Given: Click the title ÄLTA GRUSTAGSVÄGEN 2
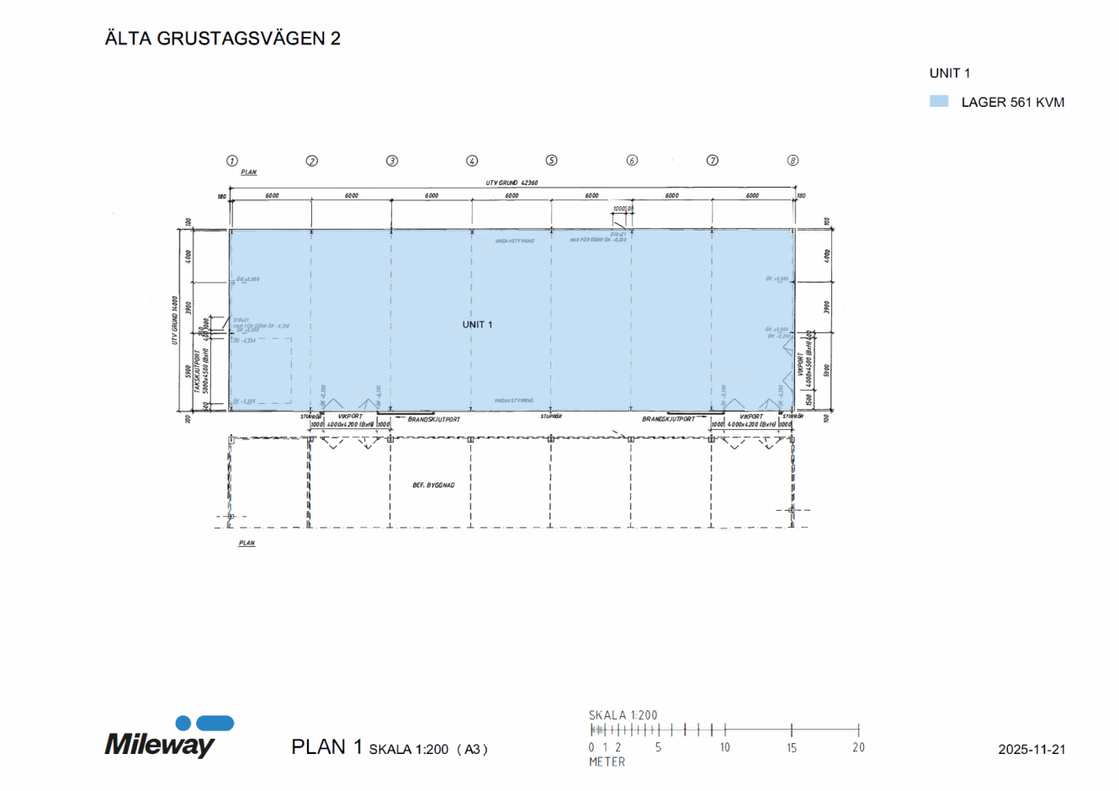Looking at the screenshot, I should pos(222,39).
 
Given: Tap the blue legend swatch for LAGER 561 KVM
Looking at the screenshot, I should pos(939,102).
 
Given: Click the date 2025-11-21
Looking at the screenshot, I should pos(1031,749).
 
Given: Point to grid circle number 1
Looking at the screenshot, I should pos(232,161).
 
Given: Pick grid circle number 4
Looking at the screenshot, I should pos(472,161).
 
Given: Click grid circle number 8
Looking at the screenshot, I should pos(793,161).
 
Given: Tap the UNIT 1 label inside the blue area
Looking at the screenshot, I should pos(477,325).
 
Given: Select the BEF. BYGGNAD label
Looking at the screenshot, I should pos(433,486).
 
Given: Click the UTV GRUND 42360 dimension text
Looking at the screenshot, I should pos(512,183).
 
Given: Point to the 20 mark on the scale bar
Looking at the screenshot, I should pos(858,747).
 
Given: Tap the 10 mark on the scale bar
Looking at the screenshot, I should pos(724,747).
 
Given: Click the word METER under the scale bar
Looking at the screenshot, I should pos(607,762).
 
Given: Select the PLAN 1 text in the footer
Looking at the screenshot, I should pos(326,747).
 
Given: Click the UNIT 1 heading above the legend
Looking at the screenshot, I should pos(949,73).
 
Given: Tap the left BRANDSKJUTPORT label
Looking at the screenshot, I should pos(433,419).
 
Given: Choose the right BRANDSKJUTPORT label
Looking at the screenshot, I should pos(668,419).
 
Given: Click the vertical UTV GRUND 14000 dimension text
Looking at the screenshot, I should pos(175,320).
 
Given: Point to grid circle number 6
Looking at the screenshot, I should pos(632,161).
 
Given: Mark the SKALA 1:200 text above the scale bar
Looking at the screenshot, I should pos(623,715).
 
